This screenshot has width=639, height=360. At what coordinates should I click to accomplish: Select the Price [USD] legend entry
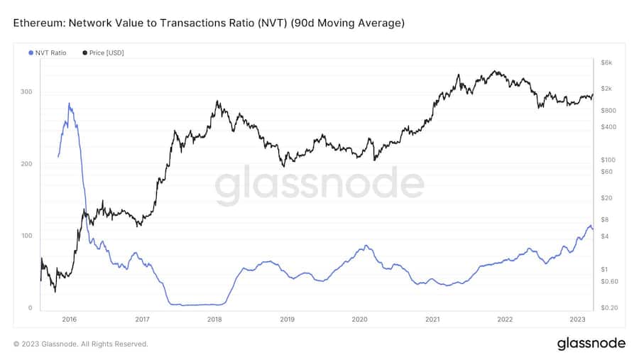pos(105,53)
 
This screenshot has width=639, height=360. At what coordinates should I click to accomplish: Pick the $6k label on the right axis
pos(606,63)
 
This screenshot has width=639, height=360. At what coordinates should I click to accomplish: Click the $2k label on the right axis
pos(606,89)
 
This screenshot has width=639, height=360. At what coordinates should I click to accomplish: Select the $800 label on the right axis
pos(608,111)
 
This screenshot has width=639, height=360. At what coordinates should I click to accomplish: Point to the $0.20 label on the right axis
pos(610,307)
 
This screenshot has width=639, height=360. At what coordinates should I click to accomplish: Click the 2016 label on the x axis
pos(69,320)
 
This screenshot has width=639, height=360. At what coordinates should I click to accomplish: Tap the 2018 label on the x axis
pos(214,320)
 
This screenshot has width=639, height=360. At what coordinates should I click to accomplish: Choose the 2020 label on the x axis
pos(359,320)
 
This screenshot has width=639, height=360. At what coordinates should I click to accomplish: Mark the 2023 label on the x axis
pos(577,320)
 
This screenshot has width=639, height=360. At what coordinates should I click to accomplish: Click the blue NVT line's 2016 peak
pos(69,104)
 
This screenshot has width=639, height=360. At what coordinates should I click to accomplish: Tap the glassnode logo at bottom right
pos(591,344)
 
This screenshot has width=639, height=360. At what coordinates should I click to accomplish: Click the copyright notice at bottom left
pos(81,344)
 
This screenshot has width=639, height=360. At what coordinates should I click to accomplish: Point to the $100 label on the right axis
pos(608,160)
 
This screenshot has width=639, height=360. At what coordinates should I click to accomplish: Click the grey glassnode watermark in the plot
pos(319,186)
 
